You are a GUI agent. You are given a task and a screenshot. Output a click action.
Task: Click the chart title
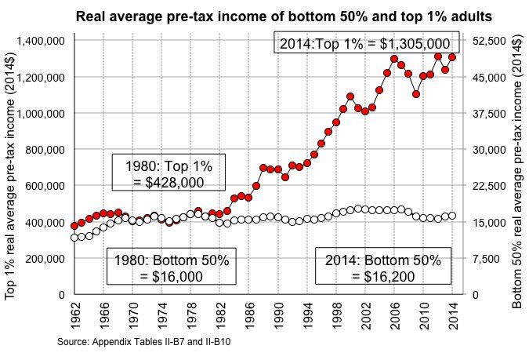tap(284, 16)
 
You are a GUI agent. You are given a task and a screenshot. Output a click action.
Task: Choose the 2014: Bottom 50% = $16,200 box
tap(384, 267)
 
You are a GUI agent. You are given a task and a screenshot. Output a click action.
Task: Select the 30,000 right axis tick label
tap(488, 150)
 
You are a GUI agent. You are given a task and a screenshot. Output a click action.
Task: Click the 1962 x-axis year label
tap(74, 316)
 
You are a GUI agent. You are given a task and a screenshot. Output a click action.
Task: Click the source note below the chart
tap(143, 342)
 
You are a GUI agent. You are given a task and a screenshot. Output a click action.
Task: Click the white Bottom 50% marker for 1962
tap(74, 237)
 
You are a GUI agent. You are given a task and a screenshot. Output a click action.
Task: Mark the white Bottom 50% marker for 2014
tap(452, 215)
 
